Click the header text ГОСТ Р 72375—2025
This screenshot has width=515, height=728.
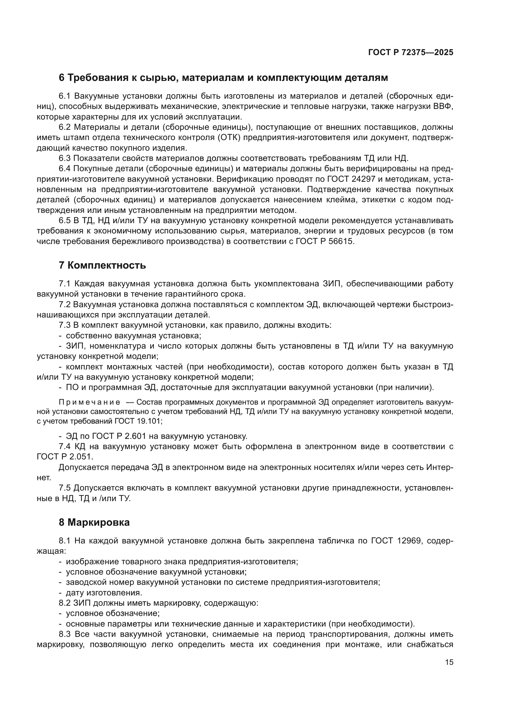point(410,52)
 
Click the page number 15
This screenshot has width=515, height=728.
point(449,662)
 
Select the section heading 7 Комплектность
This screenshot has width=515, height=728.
point(102,265)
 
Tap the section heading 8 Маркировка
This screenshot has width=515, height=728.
point(94,522)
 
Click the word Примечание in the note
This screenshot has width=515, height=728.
point(89,402)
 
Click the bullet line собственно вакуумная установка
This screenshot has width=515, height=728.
point(133,336)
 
